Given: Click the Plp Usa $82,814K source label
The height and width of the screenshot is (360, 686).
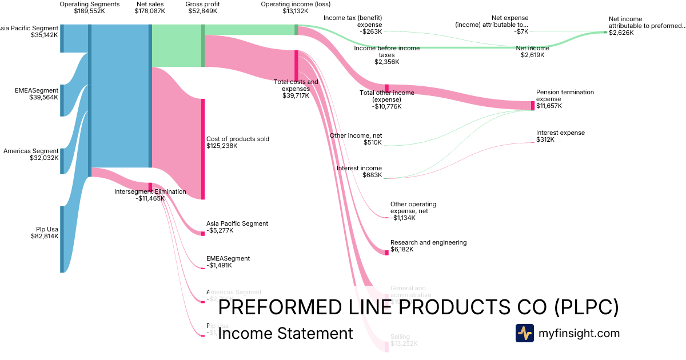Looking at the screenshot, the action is (x=45, y=232).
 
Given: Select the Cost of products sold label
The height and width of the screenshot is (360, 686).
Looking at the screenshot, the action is (x=237, y=142).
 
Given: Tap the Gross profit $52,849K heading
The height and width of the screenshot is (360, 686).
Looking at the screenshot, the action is (x=202, y=7).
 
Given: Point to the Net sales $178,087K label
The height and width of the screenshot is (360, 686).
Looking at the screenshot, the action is (x=150, y=7).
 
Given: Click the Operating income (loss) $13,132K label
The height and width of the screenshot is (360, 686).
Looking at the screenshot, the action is (x=296, y=7).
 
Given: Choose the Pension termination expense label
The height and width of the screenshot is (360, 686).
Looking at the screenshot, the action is (x=565, y=99).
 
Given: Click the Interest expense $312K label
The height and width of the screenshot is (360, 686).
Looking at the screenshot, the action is (x=560, y=136).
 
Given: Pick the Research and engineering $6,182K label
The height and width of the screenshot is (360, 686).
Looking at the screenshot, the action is (x=428, y=246).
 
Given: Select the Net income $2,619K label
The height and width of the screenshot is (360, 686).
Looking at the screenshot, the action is (x=533, y=52).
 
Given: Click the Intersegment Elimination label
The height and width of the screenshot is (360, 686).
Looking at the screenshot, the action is (x=150, y=195).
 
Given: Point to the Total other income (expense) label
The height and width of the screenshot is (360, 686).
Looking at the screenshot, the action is (x=386, y=99).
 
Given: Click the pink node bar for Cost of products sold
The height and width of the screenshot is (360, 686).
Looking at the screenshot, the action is (x=202, y=149).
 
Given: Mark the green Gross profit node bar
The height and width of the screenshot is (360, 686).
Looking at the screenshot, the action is (x=202, y=46).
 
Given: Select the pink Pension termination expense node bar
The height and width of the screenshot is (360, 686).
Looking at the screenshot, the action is (x=533, y=105).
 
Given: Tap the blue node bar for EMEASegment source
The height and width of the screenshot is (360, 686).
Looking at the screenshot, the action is (x=62, y=100).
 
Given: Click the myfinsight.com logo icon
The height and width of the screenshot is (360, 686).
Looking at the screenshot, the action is (x=524, y=333).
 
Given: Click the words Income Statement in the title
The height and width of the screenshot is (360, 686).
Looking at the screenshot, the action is (x=285, y=333).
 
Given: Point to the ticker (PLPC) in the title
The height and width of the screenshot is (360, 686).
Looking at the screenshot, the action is (x=586, y=307).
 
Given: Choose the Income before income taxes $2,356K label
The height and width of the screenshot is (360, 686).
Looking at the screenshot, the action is (x=387, y=55).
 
